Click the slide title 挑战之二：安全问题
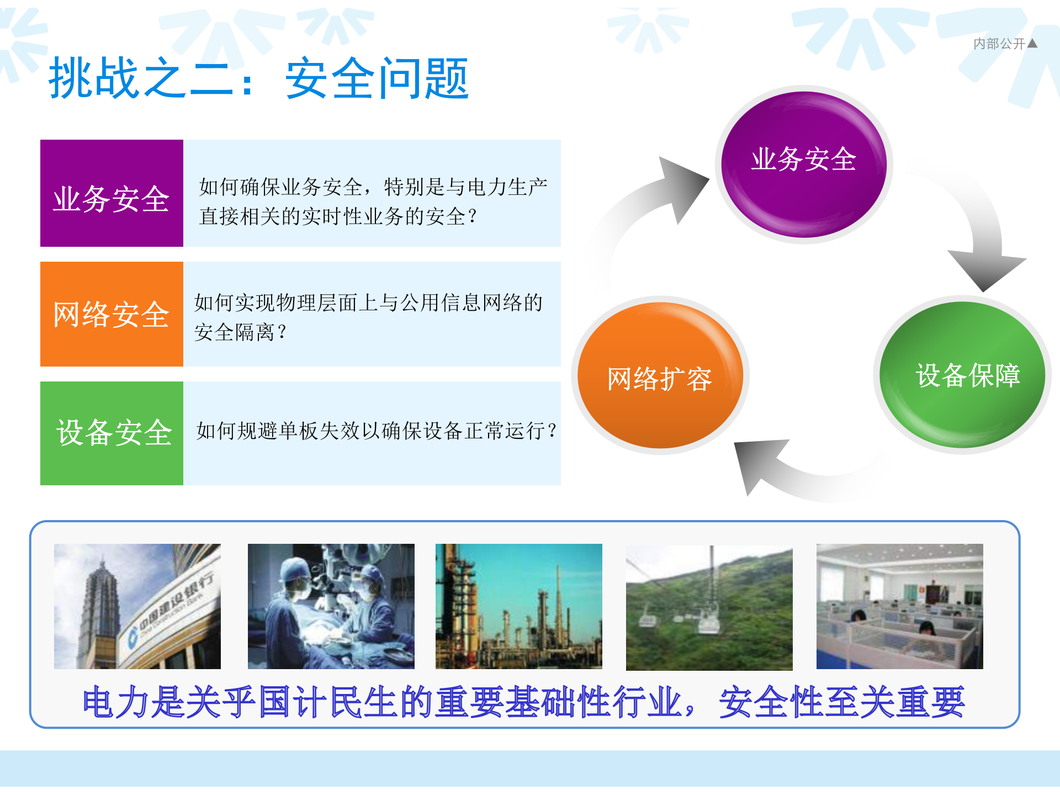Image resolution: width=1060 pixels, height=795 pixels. [258, 79]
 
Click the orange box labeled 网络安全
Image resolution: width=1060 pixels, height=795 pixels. [112, 314]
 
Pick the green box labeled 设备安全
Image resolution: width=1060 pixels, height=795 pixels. [112, 433]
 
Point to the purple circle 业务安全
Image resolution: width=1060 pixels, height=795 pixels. [803, 163]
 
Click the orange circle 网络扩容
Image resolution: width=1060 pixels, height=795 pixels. [660, 375]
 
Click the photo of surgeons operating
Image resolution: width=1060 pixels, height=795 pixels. [331, 606]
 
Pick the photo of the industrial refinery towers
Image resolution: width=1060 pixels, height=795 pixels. [518, 606]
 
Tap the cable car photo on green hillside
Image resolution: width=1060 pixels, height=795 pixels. [709, 607]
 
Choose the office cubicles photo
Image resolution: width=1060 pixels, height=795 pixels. [899, 606]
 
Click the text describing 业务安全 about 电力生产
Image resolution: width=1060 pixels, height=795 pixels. [373, 202]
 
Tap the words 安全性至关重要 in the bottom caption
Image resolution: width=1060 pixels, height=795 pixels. [842, 702]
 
